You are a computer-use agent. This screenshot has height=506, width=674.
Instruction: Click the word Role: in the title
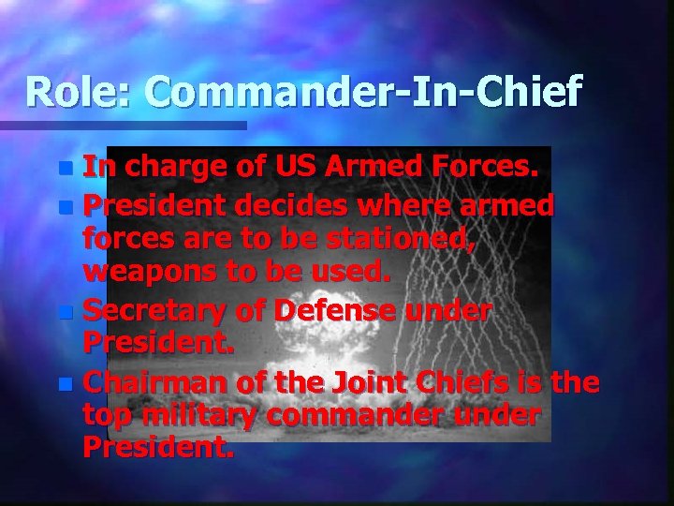click(x=80, y=92)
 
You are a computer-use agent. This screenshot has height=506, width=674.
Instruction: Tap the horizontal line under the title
click(x=122, y=125)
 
